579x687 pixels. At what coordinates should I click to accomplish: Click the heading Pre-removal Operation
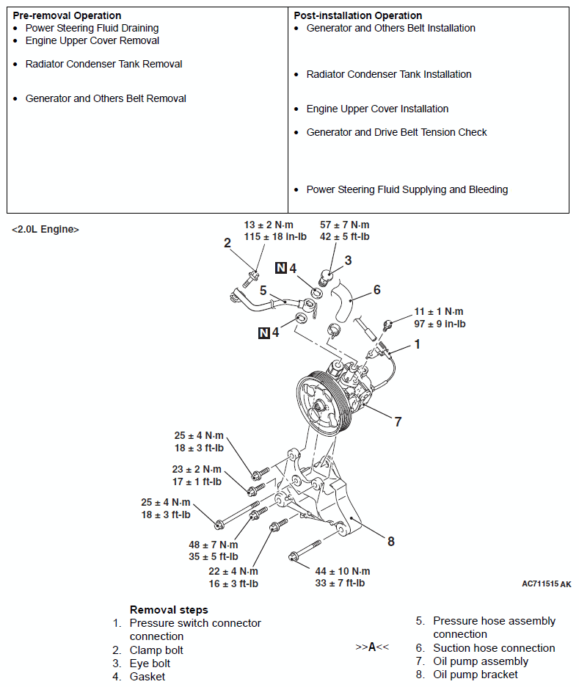67,15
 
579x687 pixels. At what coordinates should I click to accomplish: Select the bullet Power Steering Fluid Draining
92,28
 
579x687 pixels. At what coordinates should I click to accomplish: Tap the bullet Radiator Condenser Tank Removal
103,64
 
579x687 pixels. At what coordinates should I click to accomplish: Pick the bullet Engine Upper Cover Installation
377,109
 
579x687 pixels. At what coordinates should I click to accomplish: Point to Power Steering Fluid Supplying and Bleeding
407,189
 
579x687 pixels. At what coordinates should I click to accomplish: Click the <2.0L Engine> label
45,230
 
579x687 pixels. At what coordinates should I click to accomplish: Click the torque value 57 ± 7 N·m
345,225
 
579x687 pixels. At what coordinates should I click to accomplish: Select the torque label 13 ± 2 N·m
269,225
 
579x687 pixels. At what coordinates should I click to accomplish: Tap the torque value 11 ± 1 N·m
439,311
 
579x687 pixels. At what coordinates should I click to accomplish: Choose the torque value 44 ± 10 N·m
343,571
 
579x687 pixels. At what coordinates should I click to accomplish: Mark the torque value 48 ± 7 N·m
214,545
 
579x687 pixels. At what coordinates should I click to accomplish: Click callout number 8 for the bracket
391,542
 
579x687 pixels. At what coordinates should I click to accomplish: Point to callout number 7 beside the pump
398,422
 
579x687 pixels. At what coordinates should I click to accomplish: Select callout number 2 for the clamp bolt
227,243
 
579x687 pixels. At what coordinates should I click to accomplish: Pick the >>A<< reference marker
372,647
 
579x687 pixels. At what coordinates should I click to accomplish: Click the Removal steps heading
169,609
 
